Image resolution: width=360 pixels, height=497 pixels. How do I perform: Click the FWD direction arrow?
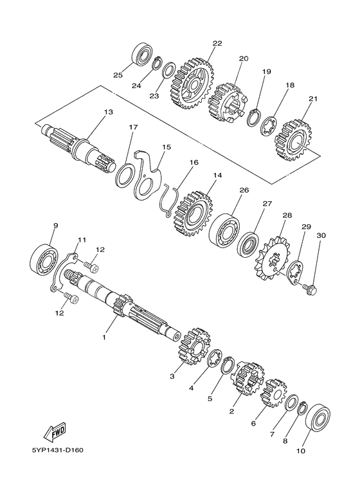[x=55, y=432]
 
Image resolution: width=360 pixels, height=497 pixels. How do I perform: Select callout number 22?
[x=217, y=44]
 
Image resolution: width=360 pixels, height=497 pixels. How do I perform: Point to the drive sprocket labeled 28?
[x=273, y=258]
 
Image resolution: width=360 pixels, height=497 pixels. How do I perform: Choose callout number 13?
[x=108, y=112]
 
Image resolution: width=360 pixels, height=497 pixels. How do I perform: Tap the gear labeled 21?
[x=293, y=140]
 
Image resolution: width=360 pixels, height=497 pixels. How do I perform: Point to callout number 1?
[x=104, y=338]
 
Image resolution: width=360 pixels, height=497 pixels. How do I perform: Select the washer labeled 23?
[x=169, y=69]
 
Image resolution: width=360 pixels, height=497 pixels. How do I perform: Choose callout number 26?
[x=244, y=190]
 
